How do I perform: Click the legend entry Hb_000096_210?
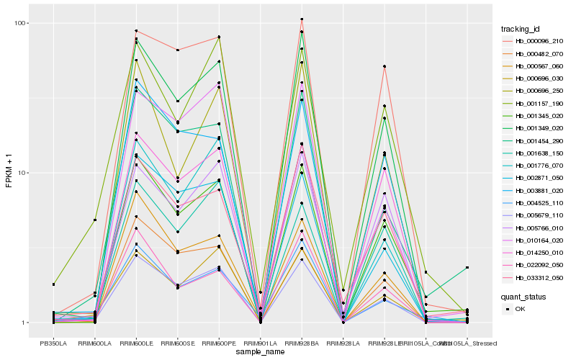[539, 41]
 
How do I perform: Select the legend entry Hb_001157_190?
[539, 103]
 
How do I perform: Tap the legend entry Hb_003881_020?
[539, 190]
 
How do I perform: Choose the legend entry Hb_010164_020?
[539, 240]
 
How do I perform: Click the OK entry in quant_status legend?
[520, 309]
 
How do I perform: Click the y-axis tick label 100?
[21, 23]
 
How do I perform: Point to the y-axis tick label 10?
[23, 173]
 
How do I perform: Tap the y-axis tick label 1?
[25, 323]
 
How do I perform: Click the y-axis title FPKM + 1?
[9, 173]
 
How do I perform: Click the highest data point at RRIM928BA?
[302, 19]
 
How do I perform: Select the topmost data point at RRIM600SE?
[177, 50]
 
